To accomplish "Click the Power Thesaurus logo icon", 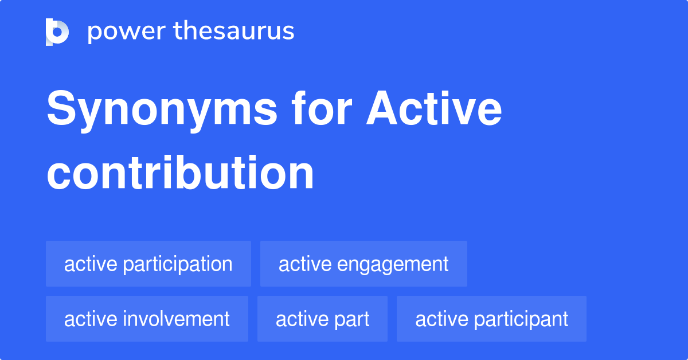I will (57, 32).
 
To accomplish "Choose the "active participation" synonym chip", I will (148, 264).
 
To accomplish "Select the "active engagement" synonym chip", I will (363, 264).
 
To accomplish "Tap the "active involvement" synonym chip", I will (147, 319).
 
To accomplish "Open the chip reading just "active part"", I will (322, 319).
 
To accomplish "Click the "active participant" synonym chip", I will (491, 319).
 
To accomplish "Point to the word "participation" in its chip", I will (177, 264).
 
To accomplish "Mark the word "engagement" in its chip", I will (393, 264).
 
